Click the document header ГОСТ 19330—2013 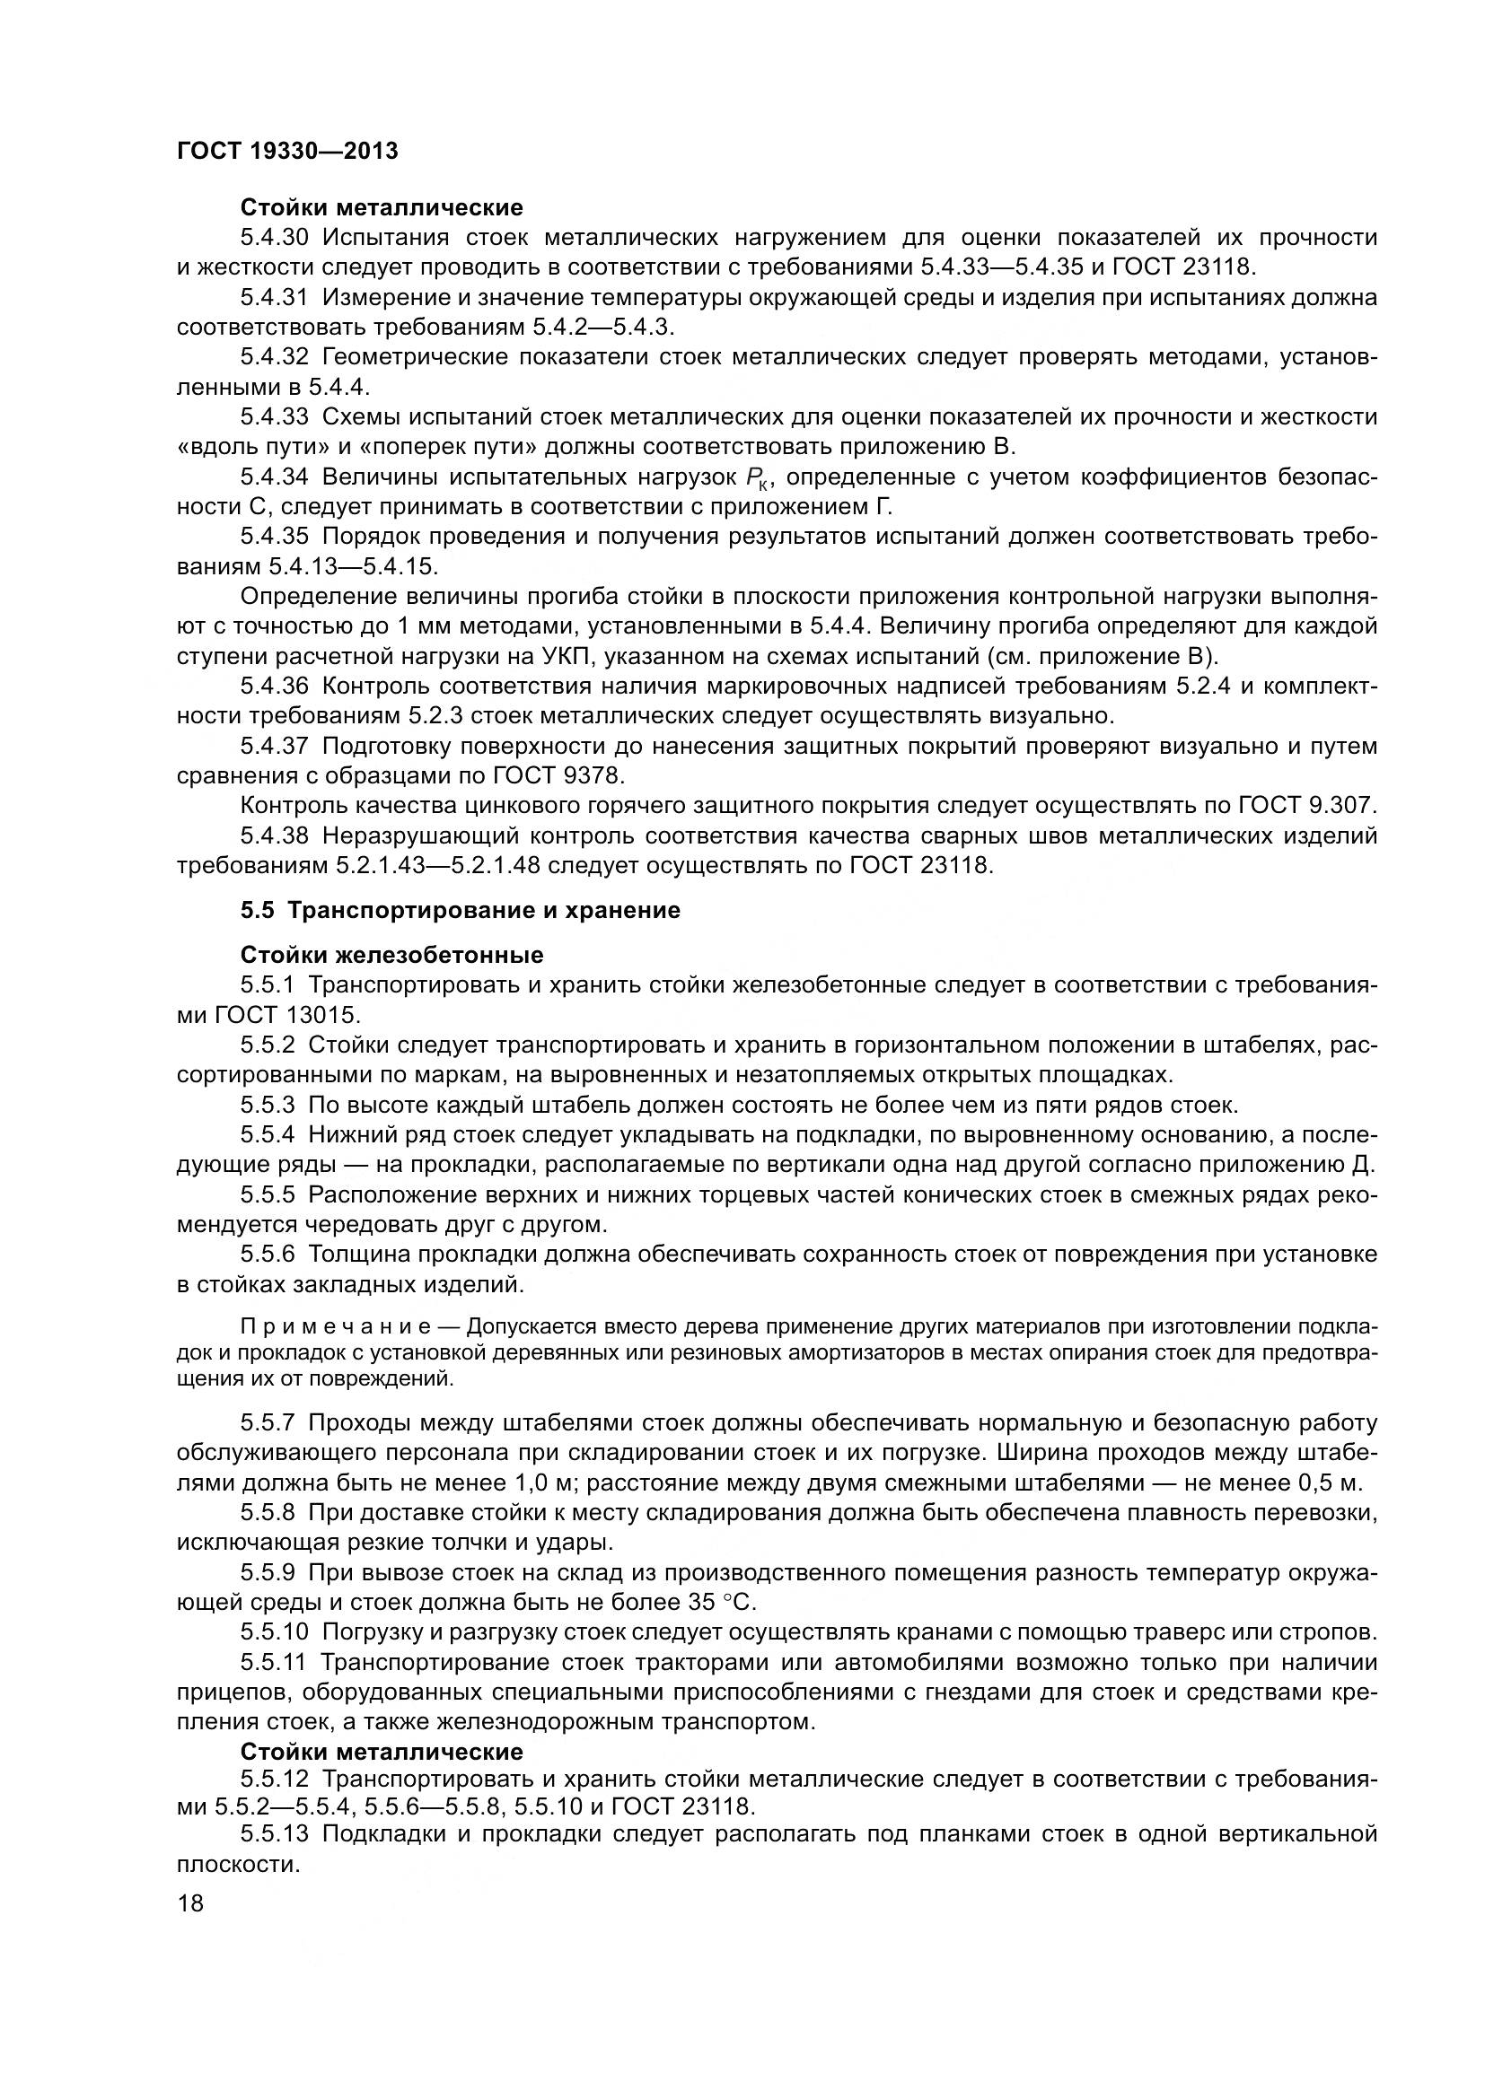tap(287, 151)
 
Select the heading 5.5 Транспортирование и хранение tap(460, 911)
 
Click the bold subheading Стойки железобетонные tap(391, 956)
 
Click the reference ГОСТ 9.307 tap(1307, 805)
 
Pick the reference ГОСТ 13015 tap(287, 1015)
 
